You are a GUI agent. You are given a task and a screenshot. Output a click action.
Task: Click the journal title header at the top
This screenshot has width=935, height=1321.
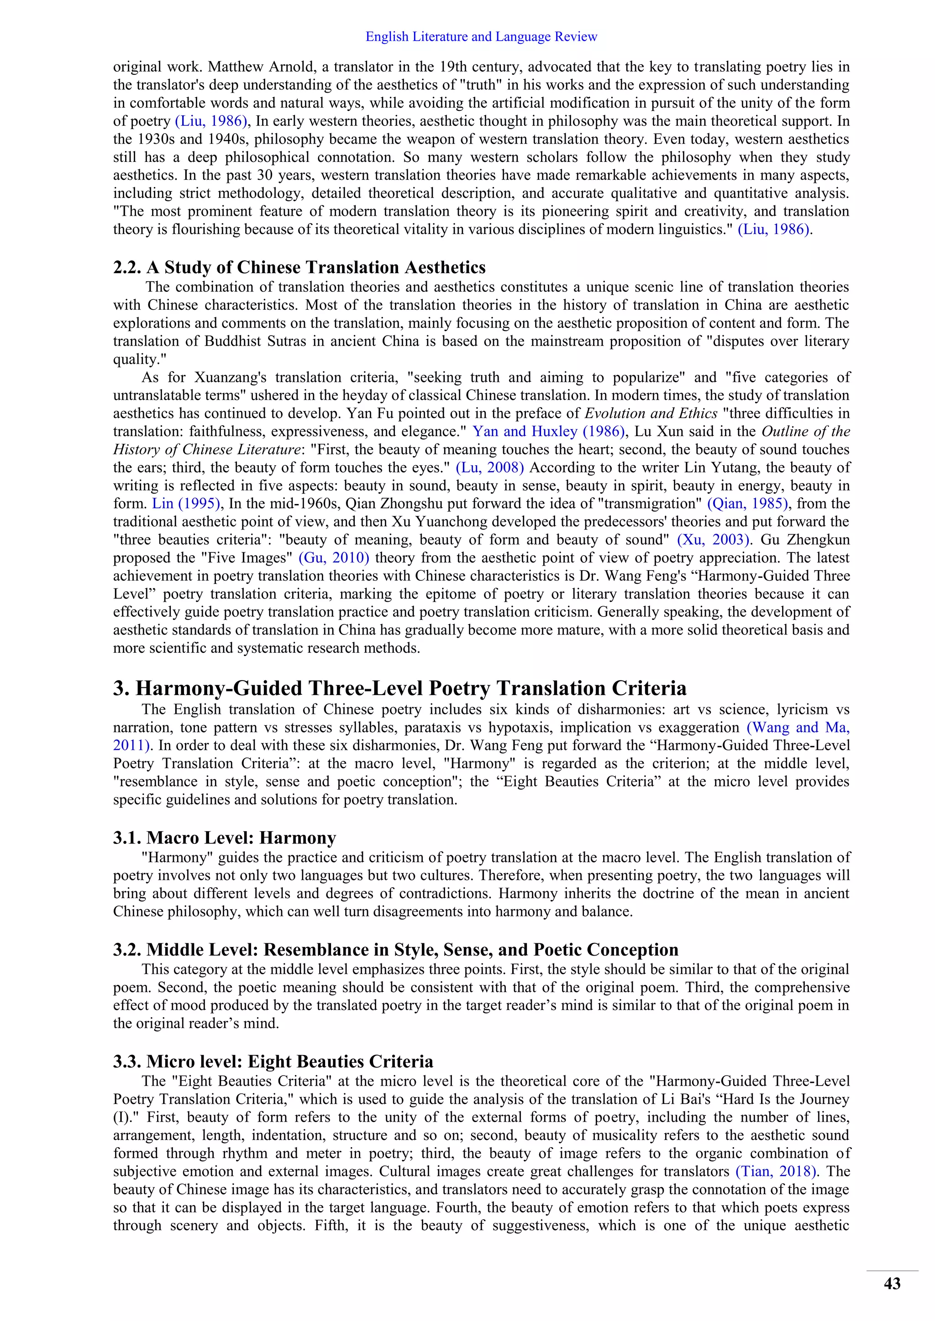[x=481, y=37]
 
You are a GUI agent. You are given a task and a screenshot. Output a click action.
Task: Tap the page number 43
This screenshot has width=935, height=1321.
[x=892, y=1284]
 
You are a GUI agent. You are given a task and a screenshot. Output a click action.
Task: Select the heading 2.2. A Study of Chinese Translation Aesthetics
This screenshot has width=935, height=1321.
[x=299, y=268]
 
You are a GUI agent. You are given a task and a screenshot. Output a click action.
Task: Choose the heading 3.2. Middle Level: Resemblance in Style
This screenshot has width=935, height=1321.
[x=395, y=949]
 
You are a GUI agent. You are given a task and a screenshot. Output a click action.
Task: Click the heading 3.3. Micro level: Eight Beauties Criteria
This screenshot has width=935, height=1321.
[x=273, y=1061]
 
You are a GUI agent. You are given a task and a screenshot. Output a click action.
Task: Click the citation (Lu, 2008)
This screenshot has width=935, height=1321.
[x=489, y=467]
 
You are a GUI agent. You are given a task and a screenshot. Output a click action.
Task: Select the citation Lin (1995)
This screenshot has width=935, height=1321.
[x=186, y=504]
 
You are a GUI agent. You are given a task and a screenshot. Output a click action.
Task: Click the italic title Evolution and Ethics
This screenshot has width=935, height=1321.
[x=651, y=413]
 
